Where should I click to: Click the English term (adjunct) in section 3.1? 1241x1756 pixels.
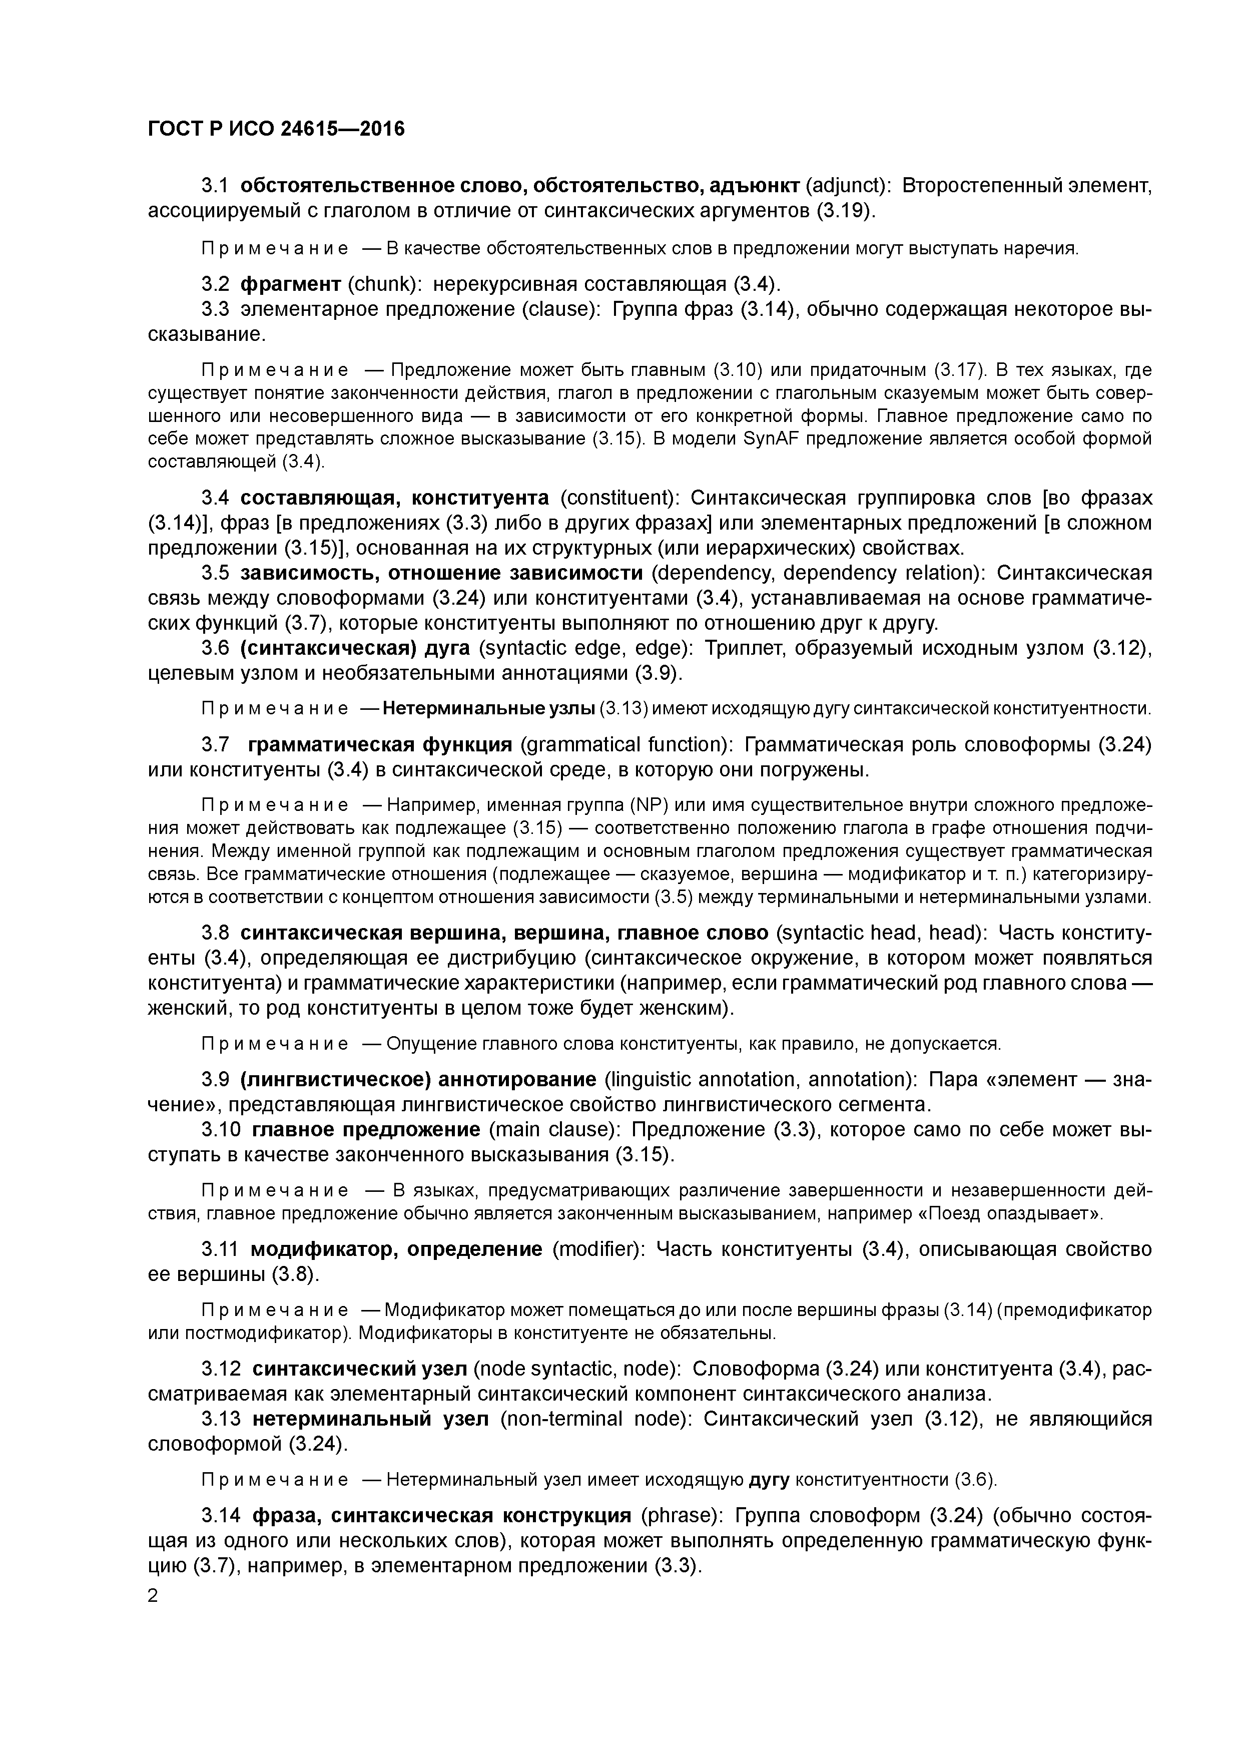846,186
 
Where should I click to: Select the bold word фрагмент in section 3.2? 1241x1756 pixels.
291,284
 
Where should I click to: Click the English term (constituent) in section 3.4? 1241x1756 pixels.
619,498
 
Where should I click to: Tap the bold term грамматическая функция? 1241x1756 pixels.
380,744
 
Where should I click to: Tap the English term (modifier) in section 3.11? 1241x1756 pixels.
598,1250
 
